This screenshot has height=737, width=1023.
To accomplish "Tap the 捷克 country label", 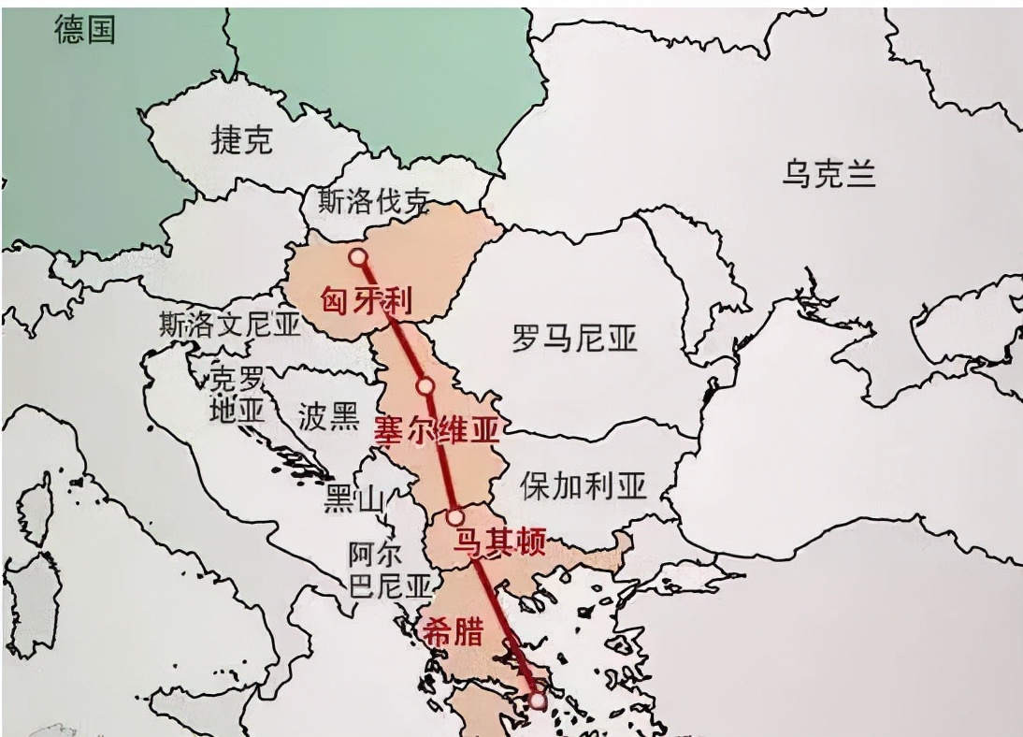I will pyautogui.click(x=241, y=140).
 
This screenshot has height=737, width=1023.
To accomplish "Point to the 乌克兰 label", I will pyautogui.click(x=828, y=174).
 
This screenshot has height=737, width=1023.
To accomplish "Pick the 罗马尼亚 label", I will pyautogui.click(x=574, y=339).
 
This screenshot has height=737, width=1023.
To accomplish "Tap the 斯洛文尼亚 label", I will pyautogui.click(x=230, y=325).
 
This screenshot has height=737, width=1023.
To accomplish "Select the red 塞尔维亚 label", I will pyautogui.click(x=437, y=430).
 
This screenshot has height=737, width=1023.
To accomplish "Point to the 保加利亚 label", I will pyautogui.click(x=584, y=485).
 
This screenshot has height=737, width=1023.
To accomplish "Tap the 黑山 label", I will pyautogui.click(x=353, y=501).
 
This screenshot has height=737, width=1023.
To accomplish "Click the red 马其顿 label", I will pyautogui.click(x=498, y=542).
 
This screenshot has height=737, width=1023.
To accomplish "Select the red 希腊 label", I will pyautogui.click(x=454, y=632).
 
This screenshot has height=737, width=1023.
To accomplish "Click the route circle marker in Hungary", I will pyautogui.click(x=357, y=257).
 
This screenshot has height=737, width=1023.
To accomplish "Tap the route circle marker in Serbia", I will pyautogui.click(x=425, y=385).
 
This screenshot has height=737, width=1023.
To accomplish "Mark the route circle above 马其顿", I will pyautogui.click(x=455, y=516).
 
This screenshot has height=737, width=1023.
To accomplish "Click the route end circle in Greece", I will pyautogui.click(x=537, y=699).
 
